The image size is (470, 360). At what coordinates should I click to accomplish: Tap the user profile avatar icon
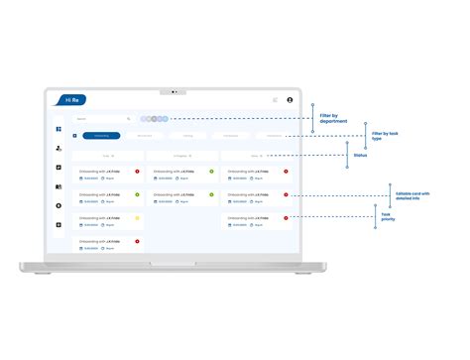(290, 100)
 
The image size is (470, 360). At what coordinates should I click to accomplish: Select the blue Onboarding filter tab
(103, 136)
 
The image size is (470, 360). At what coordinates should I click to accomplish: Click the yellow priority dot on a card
(137, 217)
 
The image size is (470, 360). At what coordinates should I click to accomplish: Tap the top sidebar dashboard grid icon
(59, 130)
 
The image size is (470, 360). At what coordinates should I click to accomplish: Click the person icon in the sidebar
(59, 149)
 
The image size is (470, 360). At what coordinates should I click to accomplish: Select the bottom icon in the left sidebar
(59, 225)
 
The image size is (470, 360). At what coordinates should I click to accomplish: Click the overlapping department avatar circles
(154, 119)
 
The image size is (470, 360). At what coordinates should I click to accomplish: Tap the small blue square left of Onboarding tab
(75, 136)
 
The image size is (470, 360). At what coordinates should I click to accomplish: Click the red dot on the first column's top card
(137, 172)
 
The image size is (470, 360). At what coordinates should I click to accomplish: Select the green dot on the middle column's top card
(211, 172)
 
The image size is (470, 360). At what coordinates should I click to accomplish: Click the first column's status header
(108, 156)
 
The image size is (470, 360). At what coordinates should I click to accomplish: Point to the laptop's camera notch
(173, 91)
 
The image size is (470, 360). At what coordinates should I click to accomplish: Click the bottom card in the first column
(108, 244)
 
